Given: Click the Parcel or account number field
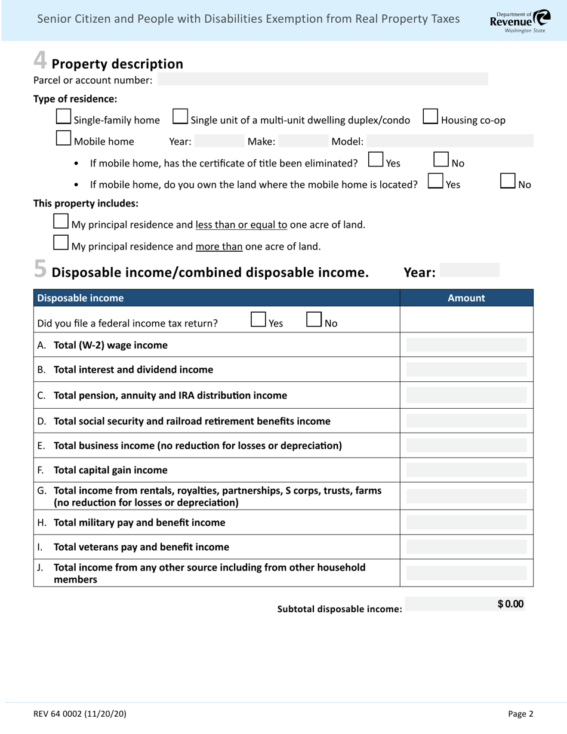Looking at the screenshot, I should click(322, 79).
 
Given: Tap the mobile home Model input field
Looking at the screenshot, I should click(449, 141).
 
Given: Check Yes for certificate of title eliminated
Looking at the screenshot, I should click(376, 160).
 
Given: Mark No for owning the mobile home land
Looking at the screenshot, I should click(508, 181).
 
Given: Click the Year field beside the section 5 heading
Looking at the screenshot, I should click(469, 270).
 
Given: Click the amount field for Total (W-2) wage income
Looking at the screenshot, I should click(466, 345).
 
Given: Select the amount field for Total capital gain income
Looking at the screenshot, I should click(466, 470).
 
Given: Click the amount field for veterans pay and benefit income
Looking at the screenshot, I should click(466, 547).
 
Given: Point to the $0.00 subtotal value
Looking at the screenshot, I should click(510, 604).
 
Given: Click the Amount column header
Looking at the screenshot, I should click(466, 298).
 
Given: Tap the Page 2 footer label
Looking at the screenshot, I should click(520, 713).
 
